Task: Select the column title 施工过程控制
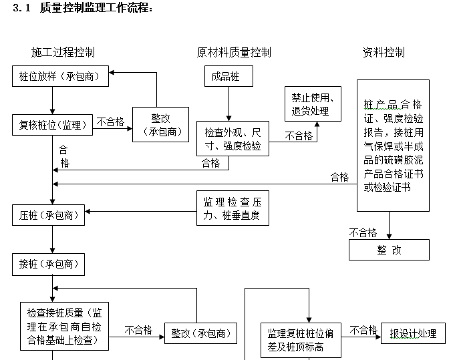tap(63, 52)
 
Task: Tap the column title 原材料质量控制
tap(234, 52)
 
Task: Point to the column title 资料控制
tap(384, 52)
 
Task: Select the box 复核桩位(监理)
tap(52, 124)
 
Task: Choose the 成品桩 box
tap(229, 76)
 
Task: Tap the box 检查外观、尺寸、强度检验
tap(233, 138)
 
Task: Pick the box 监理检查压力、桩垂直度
tap(232, 208)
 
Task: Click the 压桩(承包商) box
tap(49, 215)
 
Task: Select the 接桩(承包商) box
tap(49, 264)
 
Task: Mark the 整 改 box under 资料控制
tap(389, 250)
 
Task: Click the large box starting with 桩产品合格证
tap(393, 146)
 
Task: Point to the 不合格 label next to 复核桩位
tap(110, 122)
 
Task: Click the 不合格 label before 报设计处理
tap(363, 330)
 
